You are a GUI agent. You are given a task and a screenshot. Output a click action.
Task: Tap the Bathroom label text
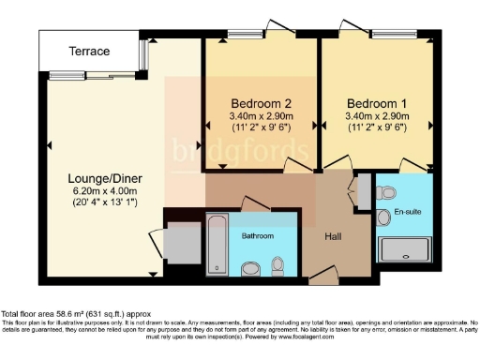[x=258, y=235]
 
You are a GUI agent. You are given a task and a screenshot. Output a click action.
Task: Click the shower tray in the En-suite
[x=404, y=249]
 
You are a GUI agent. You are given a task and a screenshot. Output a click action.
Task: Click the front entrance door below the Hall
[x=324, y=275]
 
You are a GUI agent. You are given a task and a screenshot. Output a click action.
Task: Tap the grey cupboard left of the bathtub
[x=180, y=243]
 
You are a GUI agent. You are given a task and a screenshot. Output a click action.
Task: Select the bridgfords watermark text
[x=240, y=150]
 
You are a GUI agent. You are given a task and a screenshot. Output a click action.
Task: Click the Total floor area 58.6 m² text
[x=75, y=314]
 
